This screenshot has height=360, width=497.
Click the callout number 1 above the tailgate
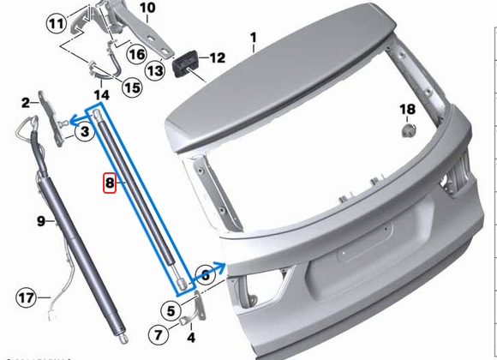click(254, 37)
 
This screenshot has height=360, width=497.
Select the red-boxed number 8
click(109, 183)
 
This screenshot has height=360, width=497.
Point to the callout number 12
click(216, 58)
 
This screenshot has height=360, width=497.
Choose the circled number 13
click(155, 70)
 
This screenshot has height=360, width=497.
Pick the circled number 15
click(131, 87)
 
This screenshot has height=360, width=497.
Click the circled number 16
click(137, 54)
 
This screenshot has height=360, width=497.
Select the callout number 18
click(408, 109)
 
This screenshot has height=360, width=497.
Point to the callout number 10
click(147, 9)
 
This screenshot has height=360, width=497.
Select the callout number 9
click(40, 222)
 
